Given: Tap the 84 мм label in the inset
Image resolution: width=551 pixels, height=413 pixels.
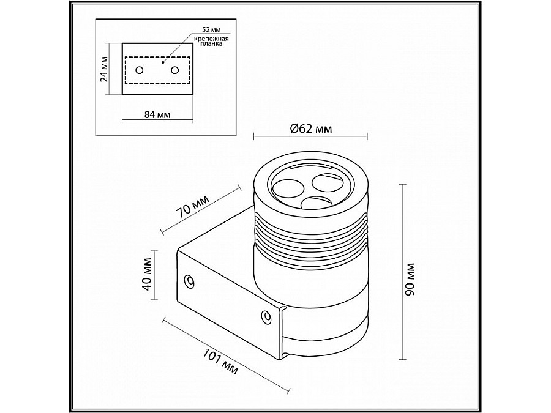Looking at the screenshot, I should [x=157, y=114].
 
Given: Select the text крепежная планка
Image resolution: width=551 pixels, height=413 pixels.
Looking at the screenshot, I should [x=212, y=42].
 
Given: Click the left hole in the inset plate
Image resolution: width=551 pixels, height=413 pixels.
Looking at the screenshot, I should [x=140, y=70].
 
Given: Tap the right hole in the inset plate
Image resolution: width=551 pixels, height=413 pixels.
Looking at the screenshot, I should [x=176, y=70].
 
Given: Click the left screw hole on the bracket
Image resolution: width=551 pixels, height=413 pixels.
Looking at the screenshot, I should [x=190, y=281].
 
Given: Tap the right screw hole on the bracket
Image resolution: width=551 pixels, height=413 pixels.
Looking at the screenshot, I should [x=265, y=316].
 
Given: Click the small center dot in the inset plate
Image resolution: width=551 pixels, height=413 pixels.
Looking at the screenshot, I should [x=163, y=62].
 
